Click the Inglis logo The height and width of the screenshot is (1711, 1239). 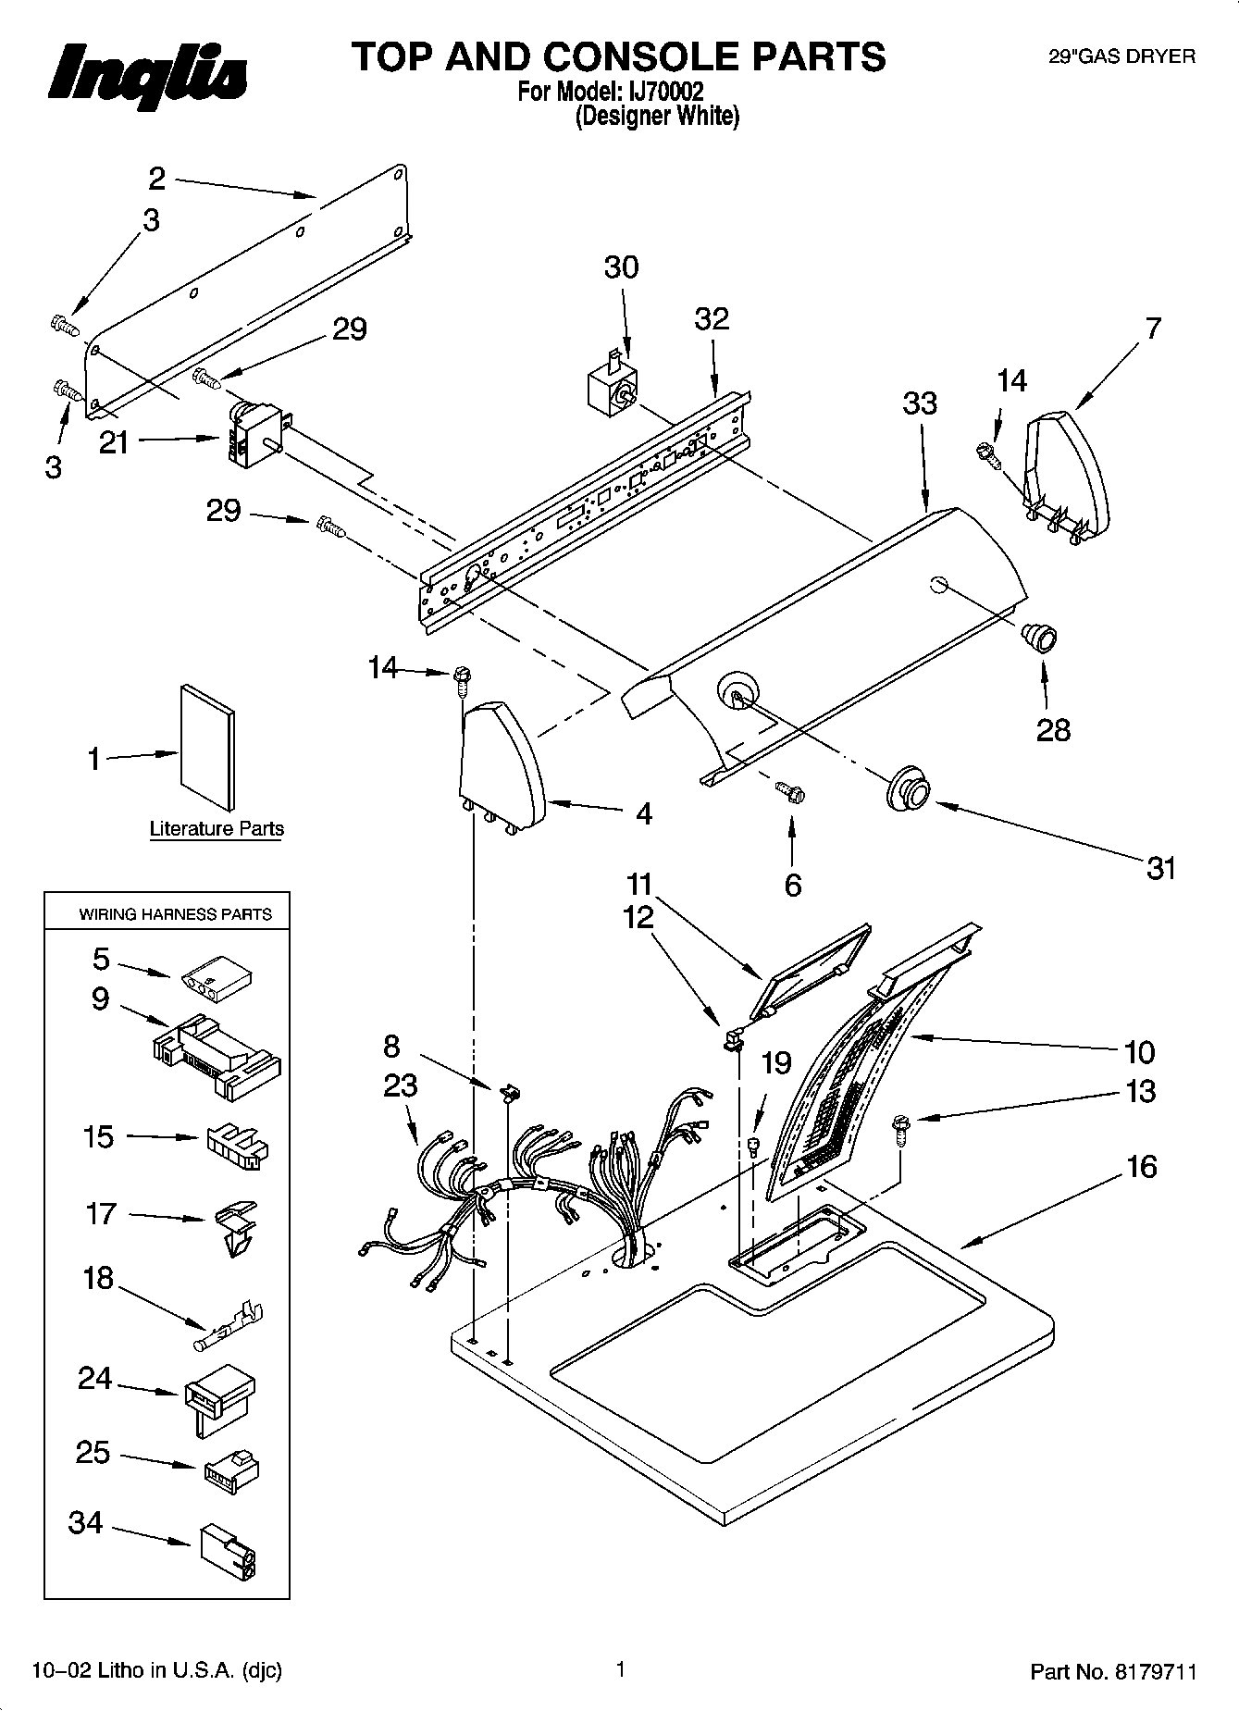(x=147, y=75)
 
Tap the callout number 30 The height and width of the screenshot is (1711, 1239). (x=621, y=267)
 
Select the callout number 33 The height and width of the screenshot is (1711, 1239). (x=920, y=403)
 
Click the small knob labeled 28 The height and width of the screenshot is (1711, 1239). (x=1038, y=638)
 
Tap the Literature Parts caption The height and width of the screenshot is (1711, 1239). (x=217, y=828)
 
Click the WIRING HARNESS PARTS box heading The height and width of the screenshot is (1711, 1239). (x=175, y=914)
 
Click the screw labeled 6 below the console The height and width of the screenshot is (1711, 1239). (x=789, y=792)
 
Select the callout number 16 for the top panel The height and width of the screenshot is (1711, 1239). (x=1142, y=1167)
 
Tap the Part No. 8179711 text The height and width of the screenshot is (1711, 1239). (x=1113, y=1671)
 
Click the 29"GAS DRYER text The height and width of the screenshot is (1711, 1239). (x=1121, y=56)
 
